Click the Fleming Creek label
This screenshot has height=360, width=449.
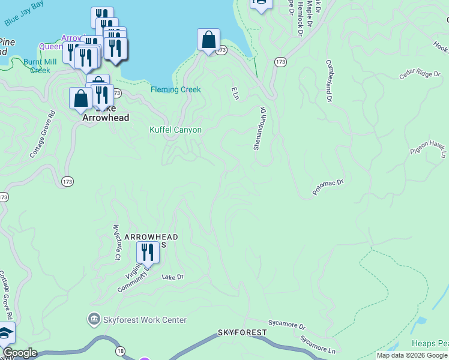(175, 90)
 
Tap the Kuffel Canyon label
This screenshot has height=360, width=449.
(175, 130)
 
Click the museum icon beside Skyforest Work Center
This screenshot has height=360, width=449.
(94, 318)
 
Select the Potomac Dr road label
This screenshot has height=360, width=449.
(327, 187)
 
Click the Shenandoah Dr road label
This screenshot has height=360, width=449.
(259, 129)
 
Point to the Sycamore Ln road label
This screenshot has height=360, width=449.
(318, 344)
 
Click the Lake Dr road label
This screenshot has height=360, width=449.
(172, 277)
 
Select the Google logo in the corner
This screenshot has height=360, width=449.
(20, 353)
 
